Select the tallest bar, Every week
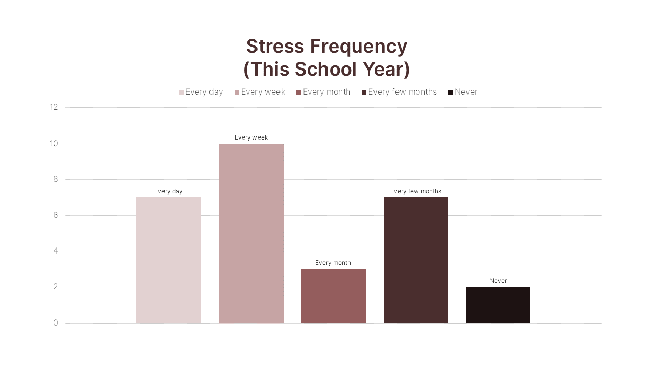tap(251, 233)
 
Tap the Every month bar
tap(333, 296)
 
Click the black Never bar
tap(498, 305)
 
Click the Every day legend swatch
tap(181, 93)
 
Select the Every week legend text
tap(263, 92)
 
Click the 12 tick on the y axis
tap(54, 107)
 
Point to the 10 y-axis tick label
tap(54, 144)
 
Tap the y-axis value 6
tap(55, 215)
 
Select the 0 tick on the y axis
tap(55, 323)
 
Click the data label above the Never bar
tap(498, 281)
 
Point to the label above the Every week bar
tap(251, 137)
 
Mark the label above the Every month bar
tap(333, 263)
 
